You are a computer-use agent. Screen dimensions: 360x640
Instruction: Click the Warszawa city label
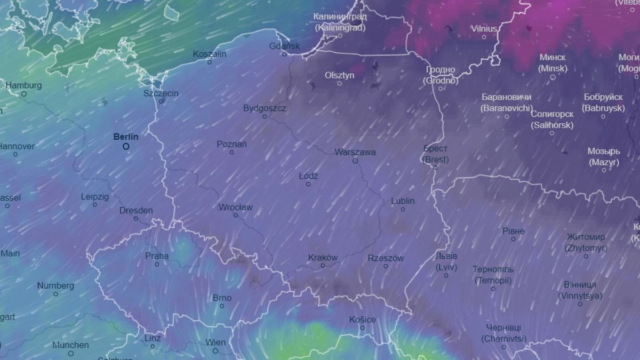click(x=355, y=152)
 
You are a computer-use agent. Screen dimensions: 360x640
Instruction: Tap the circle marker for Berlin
click(x=126, y=146)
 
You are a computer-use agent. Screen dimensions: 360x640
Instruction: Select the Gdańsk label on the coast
click(x=284, y=46)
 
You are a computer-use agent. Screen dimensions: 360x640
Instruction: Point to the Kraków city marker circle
click(x=323, y=266)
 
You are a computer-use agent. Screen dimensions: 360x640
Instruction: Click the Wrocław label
click(x=235, y=207)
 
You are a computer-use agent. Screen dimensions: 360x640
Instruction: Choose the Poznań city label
click(x=231, y=144)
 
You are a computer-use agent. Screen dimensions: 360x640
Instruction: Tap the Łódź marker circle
click(x=308, y=184)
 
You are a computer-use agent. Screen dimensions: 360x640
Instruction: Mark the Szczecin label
click(x=161, y=93)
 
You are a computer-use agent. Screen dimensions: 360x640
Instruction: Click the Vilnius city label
click(x=484, y=28)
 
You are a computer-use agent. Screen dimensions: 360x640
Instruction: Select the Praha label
click(x=157, y=256)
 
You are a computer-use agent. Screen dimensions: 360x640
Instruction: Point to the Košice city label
click(x=362, y=319)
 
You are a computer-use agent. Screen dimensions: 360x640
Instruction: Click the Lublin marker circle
click(x=403, y=209)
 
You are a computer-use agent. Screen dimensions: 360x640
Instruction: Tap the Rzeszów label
click(x=386, y=258)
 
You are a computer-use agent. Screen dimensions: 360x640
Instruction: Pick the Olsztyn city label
click(x=339, y=75)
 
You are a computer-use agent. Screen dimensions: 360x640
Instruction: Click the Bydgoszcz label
click(x=265, y=108)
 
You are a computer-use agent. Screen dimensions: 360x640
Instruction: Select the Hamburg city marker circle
click(x=24, y=94)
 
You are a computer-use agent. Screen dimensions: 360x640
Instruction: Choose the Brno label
click(x=222, y=298)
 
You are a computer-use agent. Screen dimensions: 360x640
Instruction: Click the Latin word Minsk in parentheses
click(x=552, y=68)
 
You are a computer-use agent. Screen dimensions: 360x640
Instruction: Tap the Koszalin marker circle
click(x=210, y=62)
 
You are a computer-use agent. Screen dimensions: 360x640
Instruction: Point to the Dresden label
click(x=135, y=210)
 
